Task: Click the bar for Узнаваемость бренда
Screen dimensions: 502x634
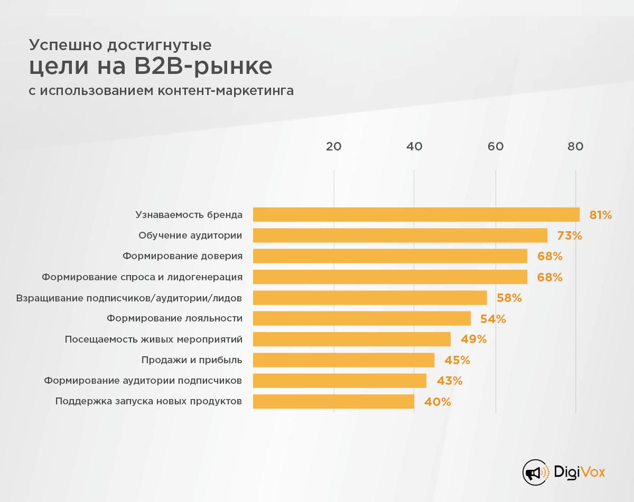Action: pyautogui.click(x=416, y=214)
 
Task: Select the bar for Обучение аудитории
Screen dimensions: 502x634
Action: pyautogui.click(x=400, y=235)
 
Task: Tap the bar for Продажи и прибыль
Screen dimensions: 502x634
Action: pyautogui.click(x=343, y=360)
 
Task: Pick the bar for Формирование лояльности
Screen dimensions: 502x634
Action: pyautogui.click(x=361, y=318)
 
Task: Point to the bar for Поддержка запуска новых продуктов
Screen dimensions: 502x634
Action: pyautogui.click(x=333, y=401)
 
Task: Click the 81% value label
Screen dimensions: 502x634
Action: pyautogui.click(x=601, y=215)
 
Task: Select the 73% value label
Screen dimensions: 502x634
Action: pyautogui.click(x=569, y=236)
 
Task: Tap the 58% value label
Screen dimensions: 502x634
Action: pyautogui.click(x=509, y=298)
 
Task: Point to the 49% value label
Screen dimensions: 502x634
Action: pyautogui.click(x=473, y=339)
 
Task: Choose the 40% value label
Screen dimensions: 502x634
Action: pyautogui.click(x=437, y=402)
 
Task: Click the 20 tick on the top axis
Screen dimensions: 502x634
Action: pyautogui.click(x=333, y=147)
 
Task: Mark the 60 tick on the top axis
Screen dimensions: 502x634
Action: pyautogui.click(x=495, y=147)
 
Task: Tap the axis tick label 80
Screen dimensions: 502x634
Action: pyautogui.click(x=575, y=147)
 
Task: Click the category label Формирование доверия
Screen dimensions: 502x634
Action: pyautogui.click(x=182, y=256)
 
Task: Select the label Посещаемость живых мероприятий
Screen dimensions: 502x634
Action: pyautogui.click(x=153, y=339)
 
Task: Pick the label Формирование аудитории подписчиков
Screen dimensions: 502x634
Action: pyautogui.click(x=143, y=381)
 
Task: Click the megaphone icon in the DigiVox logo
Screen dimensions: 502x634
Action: pyautogui.click(x=535, y=471)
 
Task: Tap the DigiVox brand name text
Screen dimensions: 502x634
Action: pyautogui.click(x=580, y=471)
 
